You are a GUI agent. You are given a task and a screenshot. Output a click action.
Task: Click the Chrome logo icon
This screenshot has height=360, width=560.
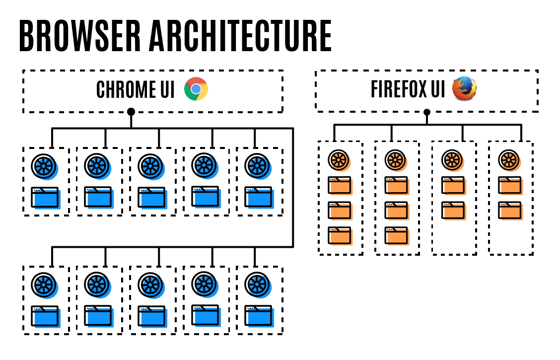pyautogui.click(x=196, y=89)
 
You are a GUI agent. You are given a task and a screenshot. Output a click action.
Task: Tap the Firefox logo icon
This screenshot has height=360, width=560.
pyautogui.click(x=464, y=89)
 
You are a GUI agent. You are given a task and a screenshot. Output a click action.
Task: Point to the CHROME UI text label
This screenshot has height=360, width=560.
pyautogui.click(x=136, y=90)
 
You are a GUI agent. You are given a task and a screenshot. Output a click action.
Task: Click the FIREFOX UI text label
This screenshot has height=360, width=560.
pyautogui.click(x=408, y=89)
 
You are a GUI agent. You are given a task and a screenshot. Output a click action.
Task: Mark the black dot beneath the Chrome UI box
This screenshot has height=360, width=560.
pyautogui.click(x=131, y=112)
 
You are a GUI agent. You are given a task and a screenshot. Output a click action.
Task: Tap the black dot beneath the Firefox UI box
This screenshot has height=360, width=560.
pyautogui.click(x=426, y=112)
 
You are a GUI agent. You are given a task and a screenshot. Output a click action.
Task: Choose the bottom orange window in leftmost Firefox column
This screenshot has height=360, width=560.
pyautogui.click(x=340, y=235)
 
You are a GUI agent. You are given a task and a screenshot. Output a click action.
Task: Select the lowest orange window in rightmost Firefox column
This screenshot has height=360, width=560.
pyautogui.click(x=510, y=211)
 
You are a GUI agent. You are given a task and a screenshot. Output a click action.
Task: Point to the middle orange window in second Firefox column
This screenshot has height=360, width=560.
pyautogui.click(x=397, y=211)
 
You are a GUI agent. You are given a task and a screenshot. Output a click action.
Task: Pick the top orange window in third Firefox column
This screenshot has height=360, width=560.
pyautogui.click(x=453, y=185)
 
